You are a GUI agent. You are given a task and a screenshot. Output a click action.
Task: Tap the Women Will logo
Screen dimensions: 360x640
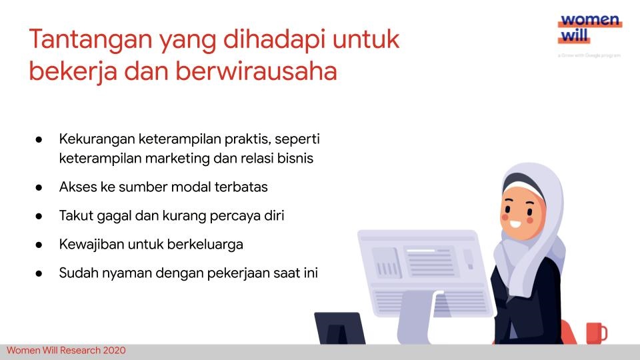click(589, 29)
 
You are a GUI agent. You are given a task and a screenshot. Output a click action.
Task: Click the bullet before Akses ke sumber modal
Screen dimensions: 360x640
click(40, 187)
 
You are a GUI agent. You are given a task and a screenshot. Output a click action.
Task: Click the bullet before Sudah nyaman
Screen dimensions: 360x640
click(40, 273)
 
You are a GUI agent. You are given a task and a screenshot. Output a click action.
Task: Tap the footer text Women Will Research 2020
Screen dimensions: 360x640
click(66, 351)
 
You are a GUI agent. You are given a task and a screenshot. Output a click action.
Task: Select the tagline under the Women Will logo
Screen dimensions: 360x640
click(589, 55)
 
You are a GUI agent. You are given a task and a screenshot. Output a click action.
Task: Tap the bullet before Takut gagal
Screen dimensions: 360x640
click(40, 216)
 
